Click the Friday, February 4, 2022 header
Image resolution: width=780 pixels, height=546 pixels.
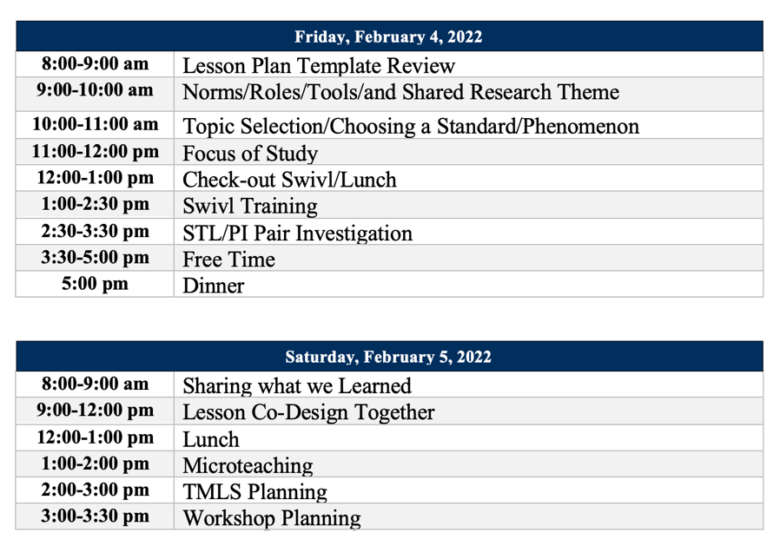point(388,37)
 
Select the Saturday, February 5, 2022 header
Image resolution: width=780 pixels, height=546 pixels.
point(388,357)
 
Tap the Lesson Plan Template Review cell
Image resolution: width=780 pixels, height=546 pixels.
point(319,66)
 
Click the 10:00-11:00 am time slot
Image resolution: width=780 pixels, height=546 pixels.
point(96,124)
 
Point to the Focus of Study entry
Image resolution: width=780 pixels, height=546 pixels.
point(250,154)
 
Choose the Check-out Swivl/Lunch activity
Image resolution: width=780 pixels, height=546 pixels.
point(289,180)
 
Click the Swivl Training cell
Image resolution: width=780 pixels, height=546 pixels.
point(250,207)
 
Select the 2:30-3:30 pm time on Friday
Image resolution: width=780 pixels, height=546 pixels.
point(96,232)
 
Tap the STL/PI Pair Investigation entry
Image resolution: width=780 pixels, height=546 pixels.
point(297,234)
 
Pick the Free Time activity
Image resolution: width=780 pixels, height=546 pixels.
point(228,260)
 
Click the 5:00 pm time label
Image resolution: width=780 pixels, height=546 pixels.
point(96,284)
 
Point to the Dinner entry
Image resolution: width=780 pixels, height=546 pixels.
point(214,286)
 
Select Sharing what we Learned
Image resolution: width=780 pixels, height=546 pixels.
point(297,385)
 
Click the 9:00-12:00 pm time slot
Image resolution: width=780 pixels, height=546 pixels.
point(96,410)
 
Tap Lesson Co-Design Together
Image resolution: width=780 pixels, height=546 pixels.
point(308,412)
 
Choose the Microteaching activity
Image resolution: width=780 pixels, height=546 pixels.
point(248,466)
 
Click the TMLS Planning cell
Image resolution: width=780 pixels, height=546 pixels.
point(254,492)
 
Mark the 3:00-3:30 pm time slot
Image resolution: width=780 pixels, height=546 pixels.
point(96,516)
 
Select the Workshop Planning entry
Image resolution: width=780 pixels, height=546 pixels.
point(271,519)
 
